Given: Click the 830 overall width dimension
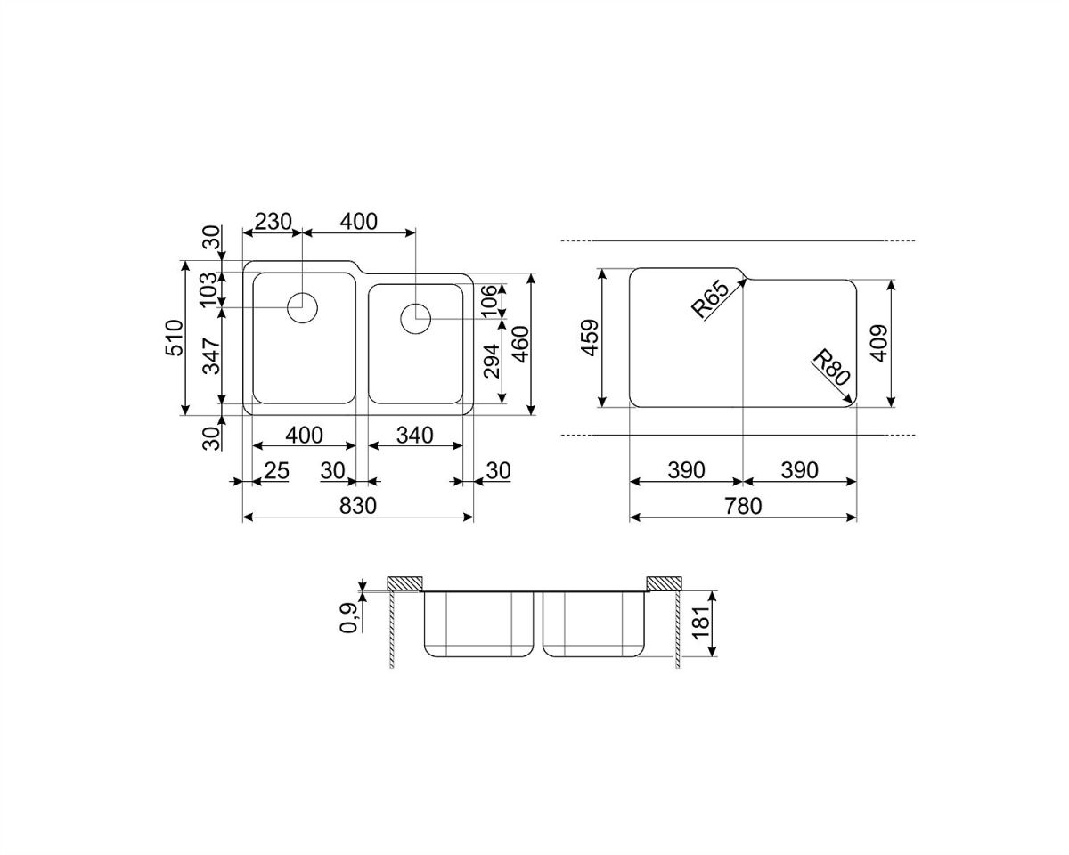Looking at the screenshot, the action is [358, 506].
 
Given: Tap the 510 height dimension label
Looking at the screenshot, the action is [175, 338].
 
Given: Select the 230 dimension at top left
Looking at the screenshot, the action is [273, 222].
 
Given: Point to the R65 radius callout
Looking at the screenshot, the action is [710, 299].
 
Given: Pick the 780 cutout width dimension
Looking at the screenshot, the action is [743, 506].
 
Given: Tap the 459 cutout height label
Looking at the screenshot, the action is [591, 338].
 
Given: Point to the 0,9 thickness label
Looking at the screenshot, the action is [348, 617].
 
